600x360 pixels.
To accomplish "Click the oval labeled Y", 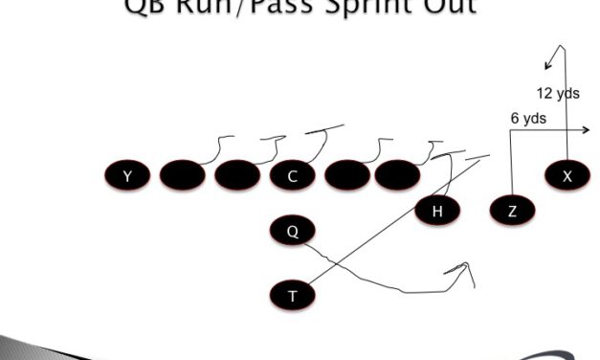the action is [x=127, y=175].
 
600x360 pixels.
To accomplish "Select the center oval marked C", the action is [x=293, y=175].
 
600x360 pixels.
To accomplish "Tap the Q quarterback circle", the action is [x=293, y=231].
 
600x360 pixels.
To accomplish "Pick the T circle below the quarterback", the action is [x=293, y=296].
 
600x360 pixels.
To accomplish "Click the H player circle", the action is [x=437, y=211].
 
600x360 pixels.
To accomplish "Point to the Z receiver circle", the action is [x=512, y=211].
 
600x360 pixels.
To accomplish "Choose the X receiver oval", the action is [x=567, y=175].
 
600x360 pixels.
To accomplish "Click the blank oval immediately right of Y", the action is [x=183, y=175].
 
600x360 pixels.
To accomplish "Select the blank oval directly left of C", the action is [x=237, y=175].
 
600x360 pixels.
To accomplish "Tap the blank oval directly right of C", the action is [x=347, y=175].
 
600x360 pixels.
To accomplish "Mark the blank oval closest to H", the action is [x=397, y=175].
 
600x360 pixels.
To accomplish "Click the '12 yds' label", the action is [x=557, y=94].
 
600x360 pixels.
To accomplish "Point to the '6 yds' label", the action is [x=528, y=118].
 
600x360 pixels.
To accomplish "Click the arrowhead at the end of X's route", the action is [x=547, y=66].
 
